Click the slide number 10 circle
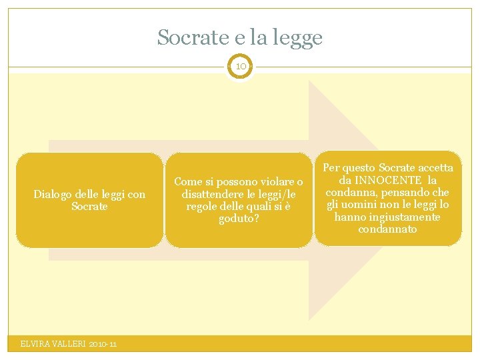click(x=240, y=67)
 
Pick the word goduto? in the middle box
click(x=239, y=219)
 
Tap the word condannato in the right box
click(x=387, y=229)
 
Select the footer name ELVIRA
click(x=35, y=344)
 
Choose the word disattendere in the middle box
click(x=213, y=194)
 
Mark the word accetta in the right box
click(x=435, y=168)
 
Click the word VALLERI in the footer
click(x=69, y=344)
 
